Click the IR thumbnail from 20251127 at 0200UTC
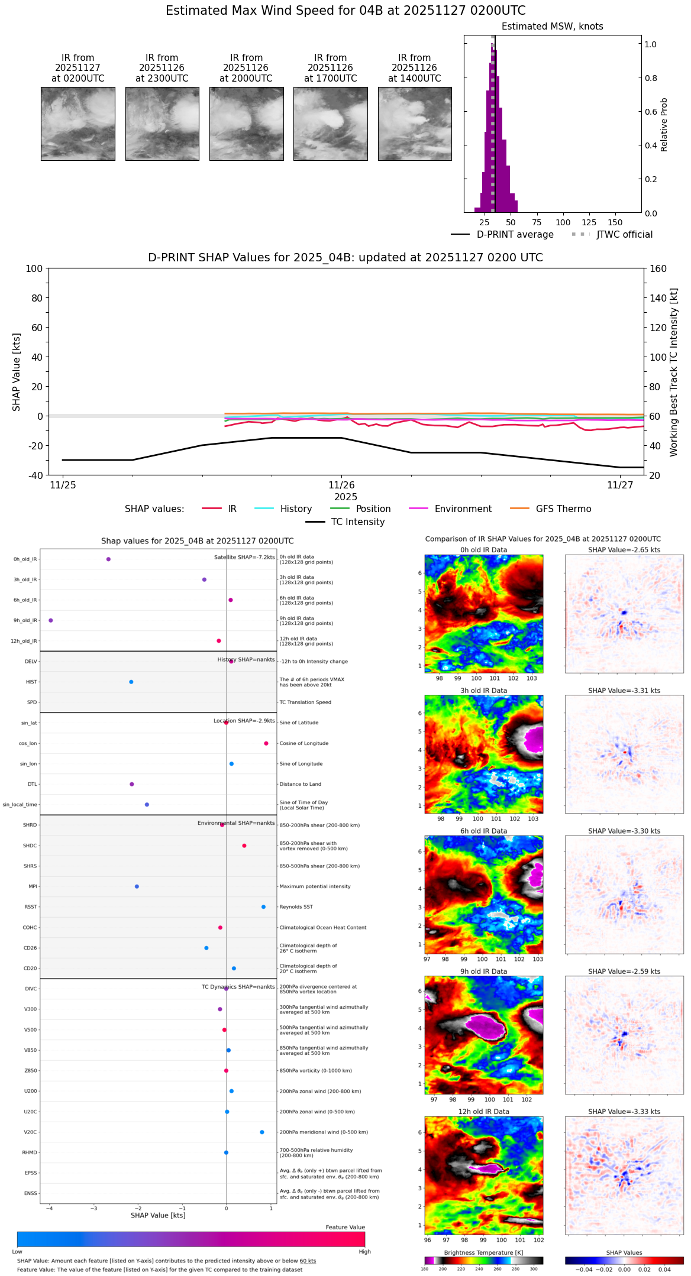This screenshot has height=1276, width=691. point(78,124)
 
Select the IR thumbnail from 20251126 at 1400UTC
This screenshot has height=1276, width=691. point(415,124)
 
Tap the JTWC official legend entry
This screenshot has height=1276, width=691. point(624,235)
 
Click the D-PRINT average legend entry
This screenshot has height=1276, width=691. point(515,235)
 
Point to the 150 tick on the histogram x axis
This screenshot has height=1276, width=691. point(615,222)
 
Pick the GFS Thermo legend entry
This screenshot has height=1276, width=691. point(563,509)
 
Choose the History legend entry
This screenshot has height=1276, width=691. point(296,509)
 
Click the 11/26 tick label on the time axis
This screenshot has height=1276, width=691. point(341,485)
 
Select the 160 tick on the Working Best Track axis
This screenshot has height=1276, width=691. point(658,269)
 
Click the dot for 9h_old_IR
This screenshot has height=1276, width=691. point(51,620)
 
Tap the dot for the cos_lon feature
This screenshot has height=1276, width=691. point(266,743)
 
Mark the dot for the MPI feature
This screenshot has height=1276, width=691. point(137,886)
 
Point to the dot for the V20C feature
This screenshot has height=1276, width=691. point(262,1132)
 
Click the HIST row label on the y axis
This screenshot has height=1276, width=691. point(31,682)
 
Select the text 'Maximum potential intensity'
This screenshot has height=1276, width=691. point(315,886)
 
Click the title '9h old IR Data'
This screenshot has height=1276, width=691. point(483,971)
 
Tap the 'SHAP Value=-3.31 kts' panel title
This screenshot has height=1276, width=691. point(624,691)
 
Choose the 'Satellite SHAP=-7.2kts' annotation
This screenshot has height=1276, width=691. point(244,557)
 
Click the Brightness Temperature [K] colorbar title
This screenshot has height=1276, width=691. point(483,1252)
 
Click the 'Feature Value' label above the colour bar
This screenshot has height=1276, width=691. point(345,1228)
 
